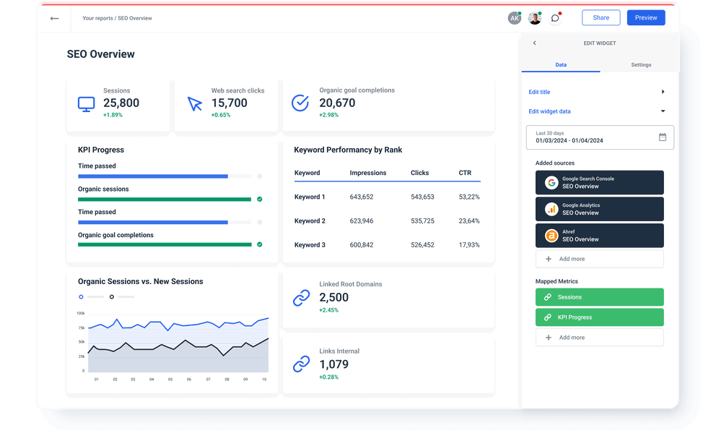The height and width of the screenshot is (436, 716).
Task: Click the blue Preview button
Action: point(645,18)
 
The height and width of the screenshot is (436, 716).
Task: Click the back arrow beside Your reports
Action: point(54,18)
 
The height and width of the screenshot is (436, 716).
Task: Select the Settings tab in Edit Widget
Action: point(640,65)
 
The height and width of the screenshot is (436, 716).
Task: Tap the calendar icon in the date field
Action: point(662,137)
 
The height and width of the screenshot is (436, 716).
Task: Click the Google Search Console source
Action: point(599,182)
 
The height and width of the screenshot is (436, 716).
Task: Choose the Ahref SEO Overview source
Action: point(599,235)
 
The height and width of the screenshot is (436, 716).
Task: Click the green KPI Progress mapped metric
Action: point(599,317)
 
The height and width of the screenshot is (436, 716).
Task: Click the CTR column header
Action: point(465,174)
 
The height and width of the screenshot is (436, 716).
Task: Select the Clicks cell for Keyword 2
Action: point(422,221)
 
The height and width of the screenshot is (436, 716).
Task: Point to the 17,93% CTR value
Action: point(468,245)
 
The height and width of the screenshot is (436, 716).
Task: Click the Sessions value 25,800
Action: point(121,103)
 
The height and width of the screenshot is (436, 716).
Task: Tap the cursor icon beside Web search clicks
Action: point(195,103)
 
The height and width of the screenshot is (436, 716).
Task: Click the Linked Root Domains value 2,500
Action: point(333,297)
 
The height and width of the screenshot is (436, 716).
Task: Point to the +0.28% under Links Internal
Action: point(328,377)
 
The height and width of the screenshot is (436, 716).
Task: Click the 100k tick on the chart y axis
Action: point(80,314)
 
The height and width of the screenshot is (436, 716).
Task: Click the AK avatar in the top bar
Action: point(514,18)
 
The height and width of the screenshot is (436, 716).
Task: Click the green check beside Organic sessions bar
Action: point(259,199)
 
